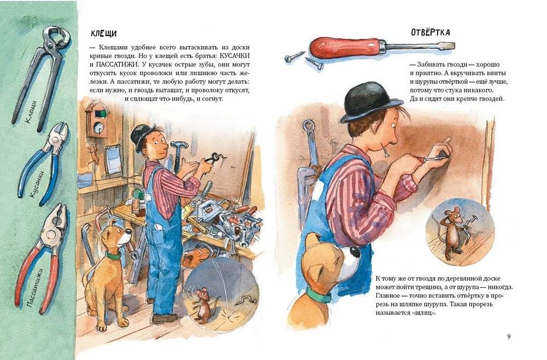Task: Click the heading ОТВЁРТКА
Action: coord(430,32)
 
